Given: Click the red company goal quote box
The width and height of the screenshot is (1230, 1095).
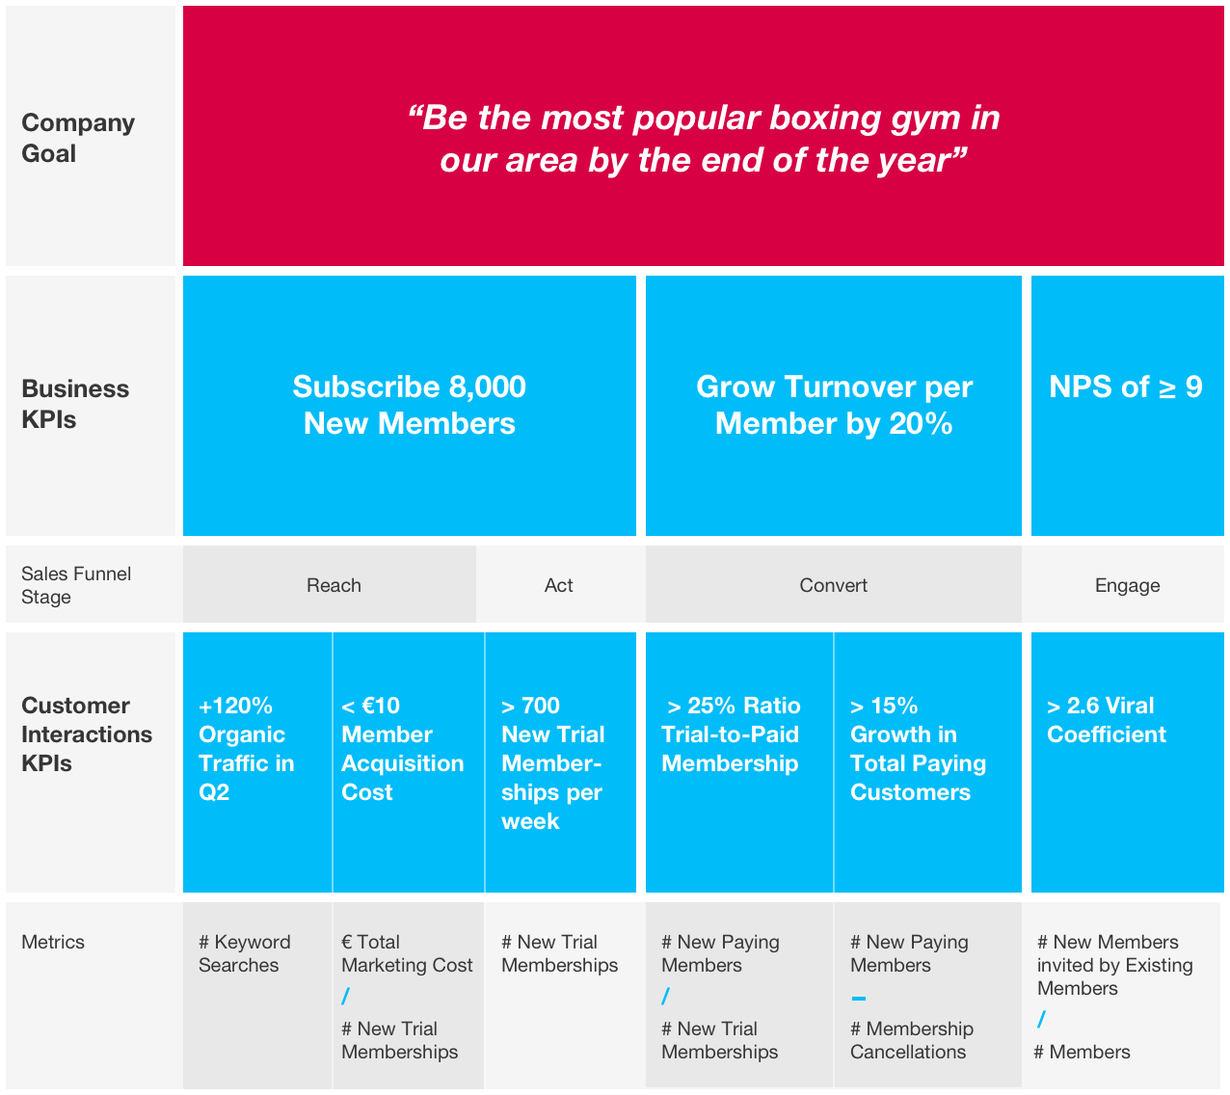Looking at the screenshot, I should coord(703,137).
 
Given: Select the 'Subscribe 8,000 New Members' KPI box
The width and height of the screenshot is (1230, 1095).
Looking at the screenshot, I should coord(409,405).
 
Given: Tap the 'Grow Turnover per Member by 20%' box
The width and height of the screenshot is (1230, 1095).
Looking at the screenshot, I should coord(833,405).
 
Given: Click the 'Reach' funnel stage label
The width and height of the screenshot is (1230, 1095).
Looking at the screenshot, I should coord(334,585).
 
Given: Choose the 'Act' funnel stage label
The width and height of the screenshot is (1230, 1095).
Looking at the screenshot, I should coord(558,585).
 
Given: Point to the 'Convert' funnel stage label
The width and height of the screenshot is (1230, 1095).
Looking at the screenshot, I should coord(833,585).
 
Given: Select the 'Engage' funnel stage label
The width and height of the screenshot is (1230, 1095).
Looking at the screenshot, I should coord(1127,585).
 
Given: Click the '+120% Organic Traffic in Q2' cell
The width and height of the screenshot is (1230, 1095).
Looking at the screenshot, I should coord(247,749).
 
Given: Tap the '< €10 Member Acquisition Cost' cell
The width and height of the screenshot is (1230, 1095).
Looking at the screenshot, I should coord(402,749).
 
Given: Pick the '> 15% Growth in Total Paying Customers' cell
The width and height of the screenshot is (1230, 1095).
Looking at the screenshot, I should coord(918,749).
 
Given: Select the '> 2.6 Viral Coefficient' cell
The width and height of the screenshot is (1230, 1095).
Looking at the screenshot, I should coord(1106,720).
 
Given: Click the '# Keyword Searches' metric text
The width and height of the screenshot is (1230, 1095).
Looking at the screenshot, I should coord(244,953).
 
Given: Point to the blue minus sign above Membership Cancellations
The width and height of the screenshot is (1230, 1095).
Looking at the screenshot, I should coord(859,999).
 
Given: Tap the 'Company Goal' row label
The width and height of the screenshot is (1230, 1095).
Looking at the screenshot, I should coord(78,138).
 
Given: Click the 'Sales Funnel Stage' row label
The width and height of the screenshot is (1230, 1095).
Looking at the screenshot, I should coord(76,585).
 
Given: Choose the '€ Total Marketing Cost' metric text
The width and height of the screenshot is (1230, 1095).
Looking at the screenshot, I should coord(407,953).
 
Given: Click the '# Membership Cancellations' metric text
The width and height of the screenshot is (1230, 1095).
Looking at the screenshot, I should coord(911,1040).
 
